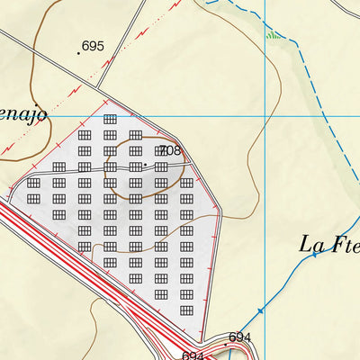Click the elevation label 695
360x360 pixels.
pos(94,46)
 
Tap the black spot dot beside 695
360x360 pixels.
pos(78,53)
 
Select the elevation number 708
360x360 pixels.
pos(169,150)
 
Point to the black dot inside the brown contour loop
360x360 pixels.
pos(145,166)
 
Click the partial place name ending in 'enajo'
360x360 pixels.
pos(22,115)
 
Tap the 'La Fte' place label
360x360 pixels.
pos(328,244)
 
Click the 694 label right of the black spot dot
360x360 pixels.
pos(240,337)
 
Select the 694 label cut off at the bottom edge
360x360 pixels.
pos(193,355)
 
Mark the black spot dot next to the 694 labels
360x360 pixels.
pos(226,343)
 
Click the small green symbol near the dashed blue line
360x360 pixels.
pos(272,36)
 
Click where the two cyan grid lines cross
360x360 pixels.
pos(264,115)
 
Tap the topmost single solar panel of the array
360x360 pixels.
pos(110,119)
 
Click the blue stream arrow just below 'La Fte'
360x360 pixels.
pos(314,256)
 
